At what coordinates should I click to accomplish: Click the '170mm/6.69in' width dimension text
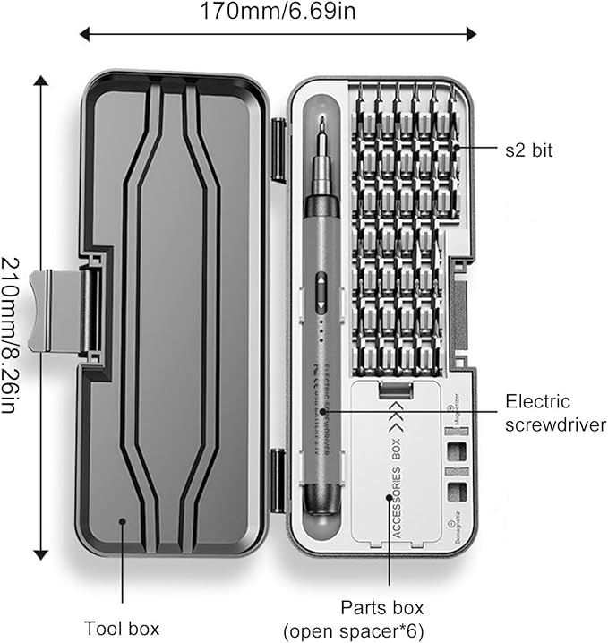click(x=278, y=12)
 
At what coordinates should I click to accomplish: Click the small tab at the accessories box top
click(x=395, y=390)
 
